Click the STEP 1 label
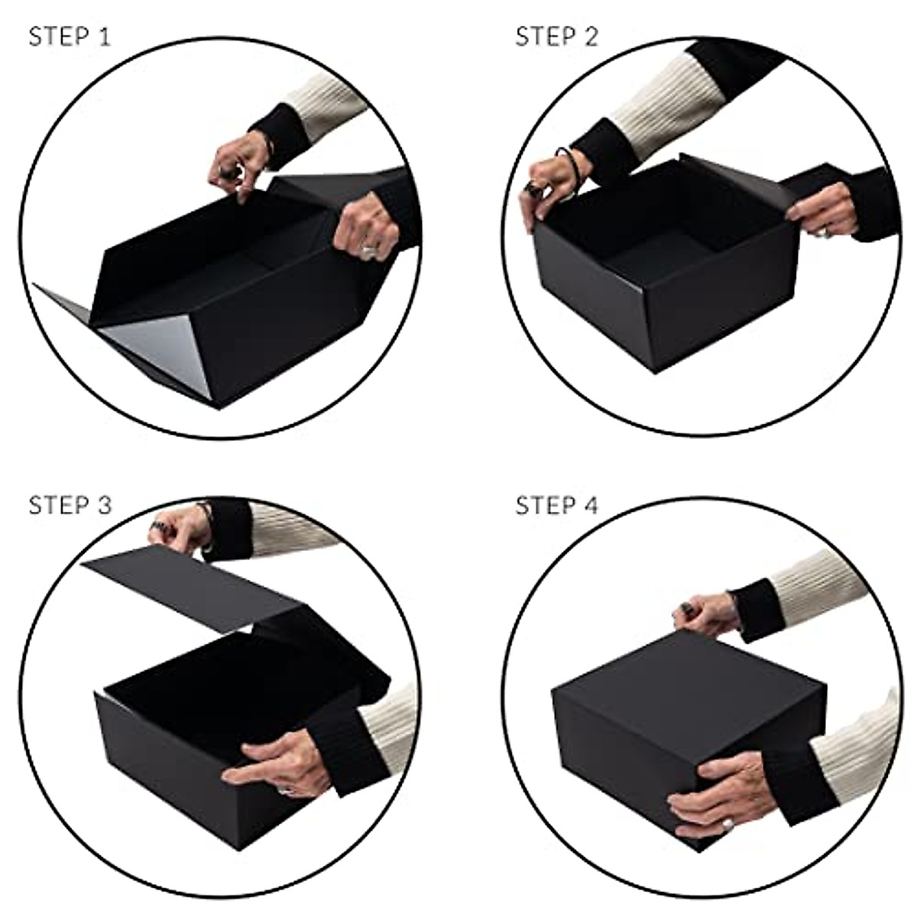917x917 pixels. click(70, 37)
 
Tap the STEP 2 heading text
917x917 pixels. click(557, 37)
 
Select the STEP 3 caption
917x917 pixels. click(70, 505)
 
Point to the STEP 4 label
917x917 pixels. click(557, 505)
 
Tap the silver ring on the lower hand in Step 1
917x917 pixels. click(370, 250)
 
